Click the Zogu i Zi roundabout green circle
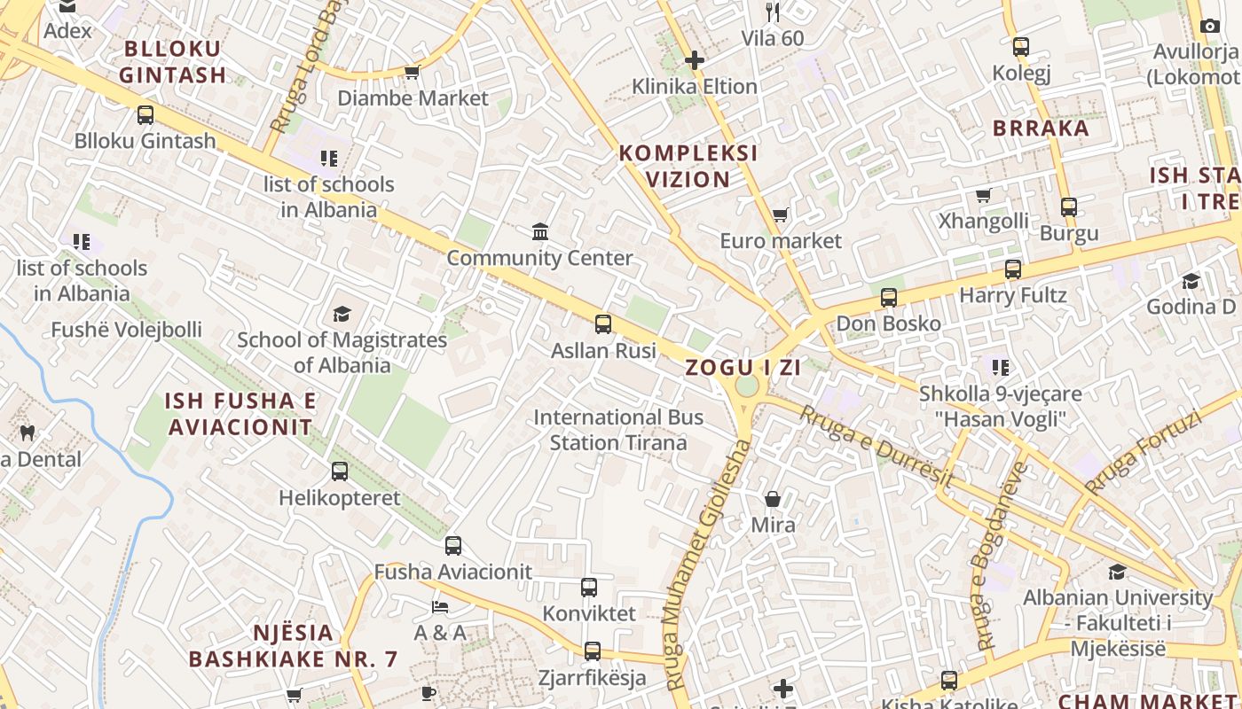click(x=747, y=386)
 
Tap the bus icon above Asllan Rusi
click(x=603, y=323)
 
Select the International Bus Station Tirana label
click(x=618, y=430)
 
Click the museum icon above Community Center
click(x=539, y=232)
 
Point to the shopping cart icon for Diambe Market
click(x=412, y=72)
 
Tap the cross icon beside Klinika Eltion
click(x=695, y=60)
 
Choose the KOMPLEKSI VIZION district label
click(x=688, y=166)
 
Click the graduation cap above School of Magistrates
click(x=342, y=313)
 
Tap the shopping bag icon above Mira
click(x=773, y=499)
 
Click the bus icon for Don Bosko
click(x=889, y=298)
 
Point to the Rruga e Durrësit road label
click(x=876, y=446)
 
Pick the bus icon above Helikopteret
click(x=340, y=471)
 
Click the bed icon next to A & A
click(x=440, y=607)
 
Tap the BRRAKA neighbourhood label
click(x=1041, y=128)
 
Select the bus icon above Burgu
click(x=1069, y=207)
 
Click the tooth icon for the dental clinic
click(x=28, y=433)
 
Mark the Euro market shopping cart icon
click(x=780, y=214)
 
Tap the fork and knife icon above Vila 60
click(x=773, y=12)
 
